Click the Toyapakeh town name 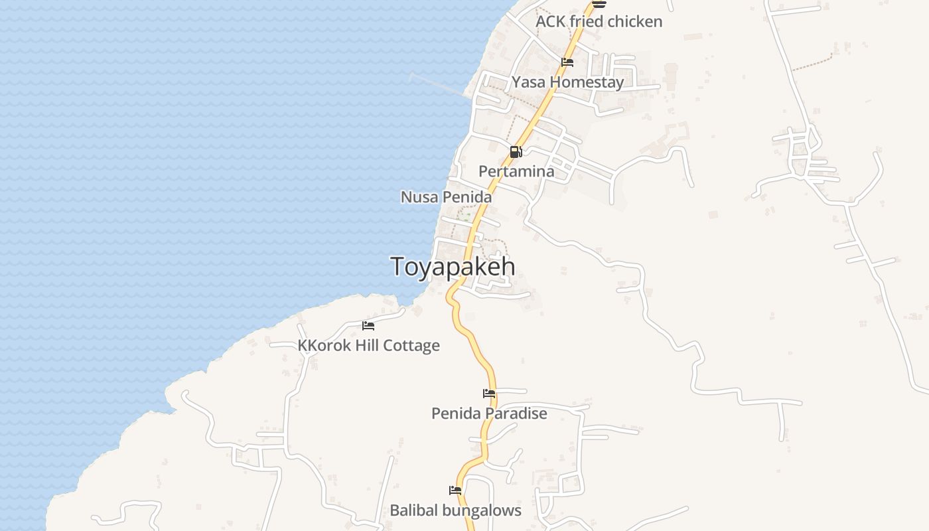coord(453,266)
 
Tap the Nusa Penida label coord(446,197)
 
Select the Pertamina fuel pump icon coord(516,152)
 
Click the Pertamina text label coord(516,171)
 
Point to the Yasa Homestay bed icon coord(567,62)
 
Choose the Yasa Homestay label coord(567,82)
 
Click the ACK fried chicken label coord(599,21)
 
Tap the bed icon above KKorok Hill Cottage coord(368,326)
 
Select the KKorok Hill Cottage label coord(368,345)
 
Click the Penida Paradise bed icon coord(489,394)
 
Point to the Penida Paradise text coord(489,413)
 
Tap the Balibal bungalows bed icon coord(455,491)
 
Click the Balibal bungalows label coord(455,510)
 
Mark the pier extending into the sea coord(438,84)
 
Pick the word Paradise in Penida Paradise coord(515,413)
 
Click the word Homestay coord(587,82)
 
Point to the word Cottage coord(415,345)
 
